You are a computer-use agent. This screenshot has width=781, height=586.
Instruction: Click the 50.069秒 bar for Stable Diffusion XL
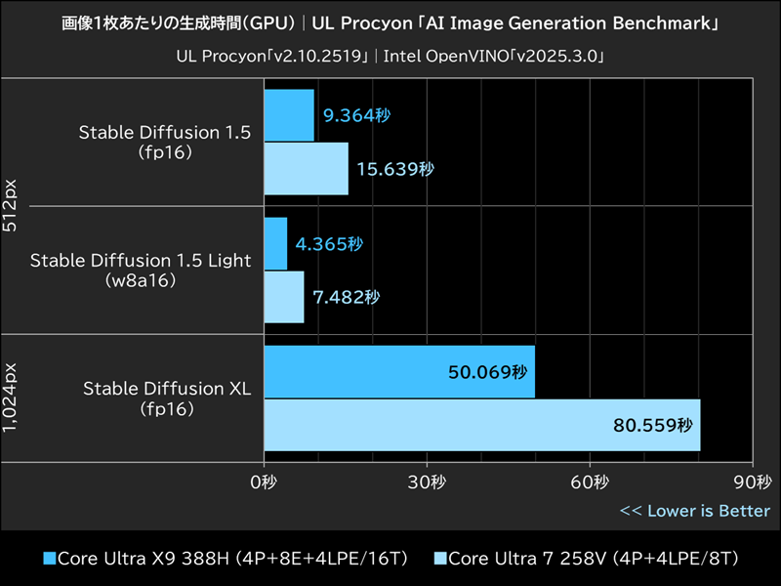[399, 372]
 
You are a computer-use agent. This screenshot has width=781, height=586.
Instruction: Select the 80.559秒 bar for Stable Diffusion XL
[482, 425]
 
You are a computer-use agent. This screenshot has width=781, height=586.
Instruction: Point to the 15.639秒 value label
[394, 169]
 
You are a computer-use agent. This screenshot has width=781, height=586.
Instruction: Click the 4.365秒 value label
[329, 243]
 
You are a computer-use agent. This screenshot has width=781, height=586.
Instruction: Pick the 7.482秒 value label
[346, 297]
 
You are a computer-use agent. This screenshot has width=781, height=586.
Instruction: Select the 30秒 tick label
[427, 482]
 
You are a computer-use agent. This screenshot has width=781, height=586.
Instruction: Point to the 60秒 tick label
[590, 482]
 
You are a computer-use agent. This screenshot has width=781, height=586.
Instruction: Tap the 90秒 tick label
[752, 482]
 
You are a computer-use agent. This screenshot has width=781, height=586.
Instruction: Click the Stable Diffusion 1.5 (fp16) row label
[165, 143]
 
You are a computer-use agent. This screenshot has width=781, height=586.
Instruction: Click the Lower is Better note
[695, 511]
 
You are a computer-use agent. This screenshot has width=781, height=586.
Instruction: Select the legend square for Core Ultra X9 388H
[49, 559]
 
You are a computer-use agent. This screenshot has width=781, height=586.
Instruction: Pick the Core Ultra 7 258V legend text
[593, 559]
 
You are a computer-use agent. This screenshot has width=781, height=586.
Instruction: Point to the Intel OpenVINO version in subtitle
[494, 57]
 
